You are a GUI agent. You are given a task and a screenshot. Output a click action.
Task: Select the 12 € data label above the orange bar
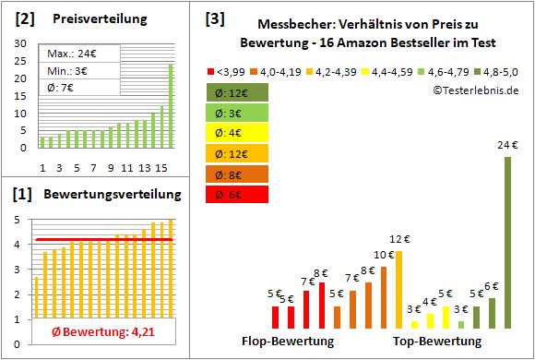(x=398, y=242)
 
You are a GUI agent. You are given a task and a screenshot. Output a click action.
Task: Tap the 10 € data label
(x=383, y=255)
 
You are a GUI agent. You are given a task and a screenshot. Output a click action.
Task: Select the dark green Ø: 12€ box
(x=238, y=92)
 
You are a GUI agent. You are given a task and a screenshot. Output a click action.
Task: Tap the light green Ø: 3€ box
(x=238, y=113)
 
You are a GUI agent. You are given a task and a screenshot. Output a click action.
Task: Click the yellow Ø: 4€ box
(x=238, y=133)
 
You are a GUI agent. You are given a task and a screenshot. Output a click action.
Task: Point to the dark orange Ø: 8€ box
(x=238, y=174)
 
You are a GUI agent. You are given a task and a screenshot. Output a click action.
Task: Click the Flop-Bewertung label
(x=288, y=341)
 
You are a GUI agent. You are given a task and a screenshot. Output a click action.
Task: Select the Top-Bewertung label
(x=437, y=341)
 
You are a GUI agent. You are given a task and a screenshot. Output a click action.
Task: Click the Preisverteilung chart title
(x=98, y=19)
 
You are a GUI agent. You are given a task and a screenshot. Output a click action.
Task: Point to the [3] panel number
(x=214, y=18)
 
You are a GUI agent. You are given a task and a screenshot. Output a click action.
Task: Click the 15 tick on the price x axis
(x=160, y=167)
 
